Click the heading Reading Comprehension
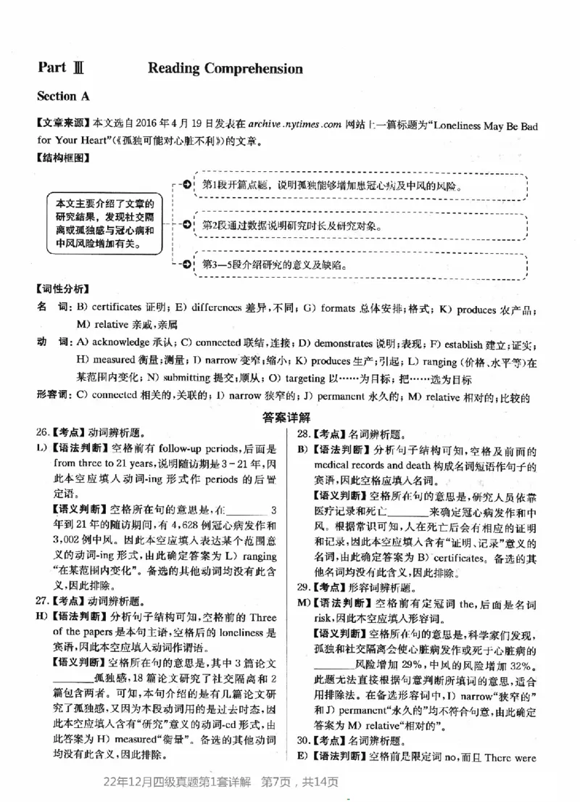pos(225,69)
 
